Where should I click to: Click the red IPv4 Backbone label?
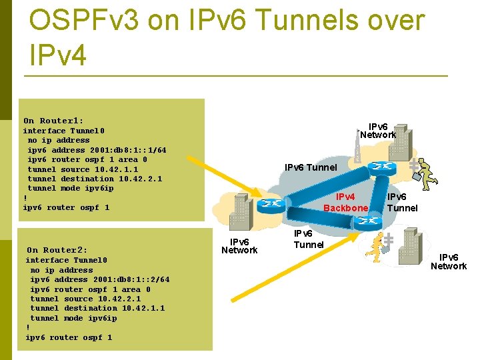[x=345, y=203]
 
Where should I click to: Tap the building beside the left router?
[x=240, y=213]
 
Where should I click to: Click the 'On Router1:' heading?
[x=53, y=121]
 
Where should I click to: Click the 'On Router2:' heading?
[x=57, y=250]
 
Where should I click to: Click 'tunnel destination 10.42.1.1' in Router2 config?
[x=97, y=308]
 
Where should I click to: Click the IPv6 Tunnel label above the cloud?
[x=311, y=167]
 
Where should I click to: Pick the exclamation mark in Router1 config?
[x=25, y=198]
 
